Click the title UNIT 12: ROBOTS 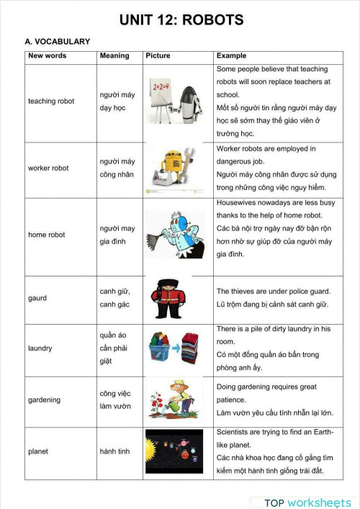pos(181,20)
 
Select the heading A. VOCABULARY pos(58,42)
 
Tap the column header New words pos(48,55)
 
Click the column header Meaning pos(114,55)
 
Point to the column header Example pos(231,55)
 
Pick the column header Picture pos(158,55)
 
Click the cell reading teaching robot pos(52,102)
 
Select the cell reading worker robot pos(48,168)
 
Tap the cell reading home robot pos(47,235)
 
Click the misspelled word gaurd pos(37,298)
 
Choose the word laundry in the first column pos(40,348)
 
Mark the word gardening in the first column pos(44,400)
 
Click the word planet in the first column pos(39,451)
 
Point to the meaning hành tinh pos(115,451)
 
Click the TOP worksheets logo pos(302,503)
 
